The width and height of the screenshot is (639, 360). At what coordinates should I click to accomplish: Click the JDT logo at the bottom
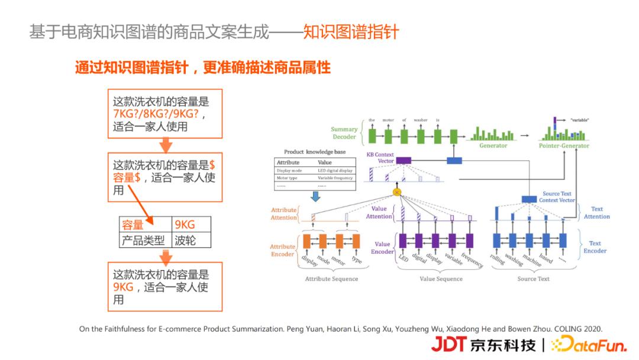coord(449,344)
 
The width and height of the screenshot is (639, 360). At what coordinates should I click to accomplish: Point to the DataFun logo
coord(588,344)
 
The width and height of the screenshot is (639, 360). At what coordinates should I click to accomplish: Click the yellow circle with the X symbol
coord(396,192)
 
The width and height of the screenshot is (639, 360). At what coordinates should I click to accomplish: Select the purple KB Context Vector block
coord(403,160)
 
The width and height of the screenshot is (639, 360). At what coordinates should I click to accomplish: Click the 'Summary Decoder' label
coord(344,133)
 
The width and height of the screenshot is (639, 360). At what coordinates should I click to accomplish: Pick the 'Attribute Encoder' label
coord(282,250)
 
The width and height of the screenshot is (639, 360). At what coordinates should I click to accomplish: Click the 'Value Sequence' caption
coord(441,279)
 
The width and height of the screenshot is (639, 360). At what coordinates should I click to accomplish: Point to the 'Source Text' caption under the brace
coord(533,279)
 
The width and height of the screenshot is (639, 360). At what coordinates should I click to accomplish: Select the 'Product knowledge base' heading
coord(315,152)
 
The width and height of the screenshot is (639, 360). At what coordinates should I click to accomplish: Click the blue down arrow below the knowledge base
coord(315,196)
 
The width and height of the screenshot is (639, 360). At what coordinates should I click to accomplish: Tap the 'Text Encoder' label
coord(595,247)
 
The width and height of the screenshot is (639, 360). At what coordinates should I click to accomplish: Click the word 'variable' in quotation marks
coord(580,120)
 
